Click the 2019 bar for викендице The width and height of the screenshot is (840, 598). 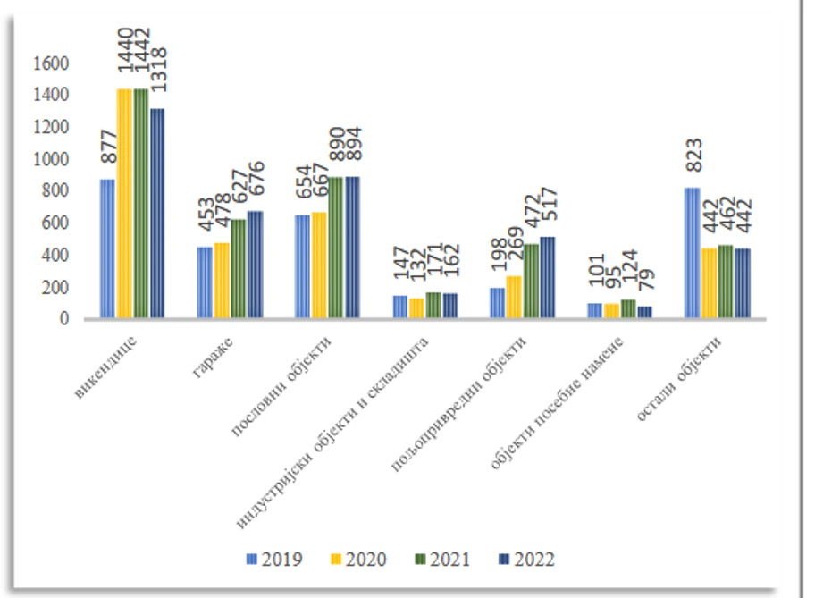107,248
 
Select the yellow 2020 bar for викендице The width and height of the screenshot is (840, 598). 124,204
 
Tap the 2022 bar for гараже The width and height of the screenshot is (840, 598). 255,265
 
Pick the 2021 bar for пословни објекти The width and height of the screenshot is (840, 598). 336,248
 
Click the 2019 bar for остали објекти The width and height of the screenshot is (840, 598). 692,253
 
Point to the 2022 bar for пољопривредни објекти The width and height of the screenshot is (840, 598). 548,277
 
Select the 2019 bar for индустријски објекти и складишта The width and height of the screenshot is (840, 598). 399,307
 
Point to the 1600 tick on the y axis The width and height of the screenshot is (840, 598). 52,63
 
